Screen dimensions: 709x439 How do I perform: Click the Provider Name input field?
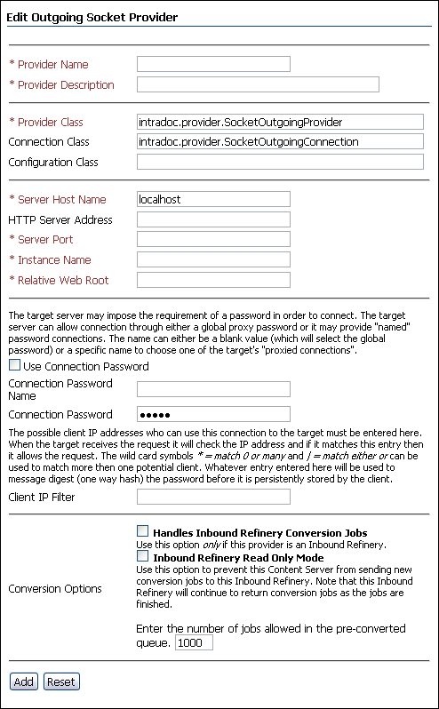click(213, 64)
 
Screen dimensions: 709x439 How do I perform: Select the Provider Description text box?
click(258, 84)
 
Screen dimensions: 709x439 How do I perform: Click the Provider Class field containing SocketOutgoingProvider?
click(280, 122)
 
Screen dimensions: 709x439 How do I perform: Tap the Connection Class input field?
click(280, 141)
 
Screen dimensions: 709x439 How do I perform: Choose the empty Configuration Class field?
click(280, 162)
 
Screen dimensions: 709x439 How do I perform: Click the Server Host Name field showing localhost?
click(213, 199)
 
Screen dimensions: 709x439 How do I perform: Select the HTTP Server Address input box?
click(213, 219)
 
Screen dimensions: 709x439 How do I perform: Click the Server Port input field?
click(213, 239)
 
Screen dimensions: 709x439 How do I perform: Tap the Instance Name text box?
click(213, 259)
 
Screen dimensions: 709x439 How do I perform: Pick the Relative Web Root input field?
click(213, 280)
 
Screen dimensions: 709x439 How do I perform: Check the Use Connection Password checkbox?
click(14, 365)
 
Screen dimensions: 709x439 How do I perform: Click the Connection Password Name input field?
click(213, 389)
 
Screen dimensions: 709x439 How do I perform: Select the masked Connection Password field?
click(213, 414)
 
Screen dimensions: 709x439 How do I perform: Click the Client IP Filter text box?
click(213, 497)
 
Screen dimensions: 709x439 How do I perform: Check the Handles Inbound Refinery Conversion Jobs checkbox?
click(143, 532)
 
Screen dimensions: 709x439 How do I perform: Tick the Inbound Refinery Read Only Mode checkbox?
click(143, 557)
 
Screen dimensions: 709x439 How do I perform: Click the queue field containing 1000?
click(194, 642)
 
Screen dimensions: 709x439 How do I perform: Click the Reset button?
click(61, 681)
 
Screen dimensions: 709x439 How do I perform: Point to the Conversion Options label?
click(55, 588)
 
